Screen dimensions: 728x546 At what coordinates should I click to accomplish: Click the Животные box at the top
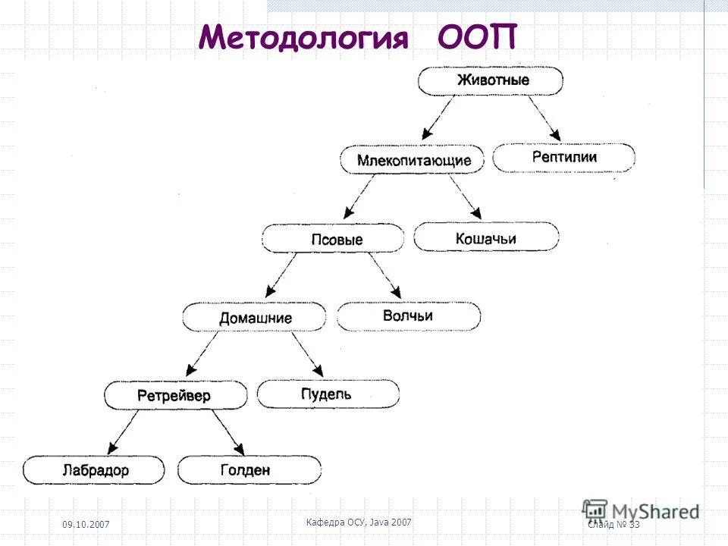click(x=491, y=80)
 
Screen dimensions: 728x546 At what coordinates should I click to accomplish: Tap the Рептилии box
click(x=563, y=158)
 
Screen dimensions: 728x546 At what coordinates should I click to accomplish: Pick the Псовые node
click(x=337, y=240)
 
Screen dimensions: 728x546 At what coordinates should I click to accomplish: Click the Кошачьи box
click(x=486, y=238)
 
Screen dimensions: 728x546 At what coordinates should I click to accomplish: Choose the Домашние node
click(x=255, y=318)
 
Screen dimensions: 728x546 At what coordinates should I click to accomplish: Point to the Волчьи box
click(x=408, y=315)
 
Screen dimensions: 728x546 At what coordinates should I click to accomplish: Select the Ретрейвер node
click(x=174, y=396)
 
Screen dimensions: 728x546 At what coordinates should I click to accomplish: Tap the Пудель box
click(x=327, y=394)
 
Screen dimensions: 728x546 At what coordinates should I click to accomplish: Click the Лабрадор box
click(x=94, y=470)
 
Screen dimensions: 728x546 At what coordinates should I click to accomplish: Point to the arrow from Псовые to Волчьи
click(x=385, y=276)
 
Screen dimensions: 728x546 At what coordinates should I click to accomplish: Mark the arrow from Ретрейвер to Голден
click(x=227, y=433)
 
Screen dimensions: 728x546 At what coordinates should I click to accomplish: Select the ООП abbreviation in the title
click(x=476, y=37)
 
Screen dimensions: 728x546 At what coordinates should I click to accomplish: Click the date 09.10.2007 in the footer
click(x=85, y=526)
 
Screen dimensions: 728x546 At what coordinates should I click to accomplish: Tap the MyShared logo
click(x=641, y=510)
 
